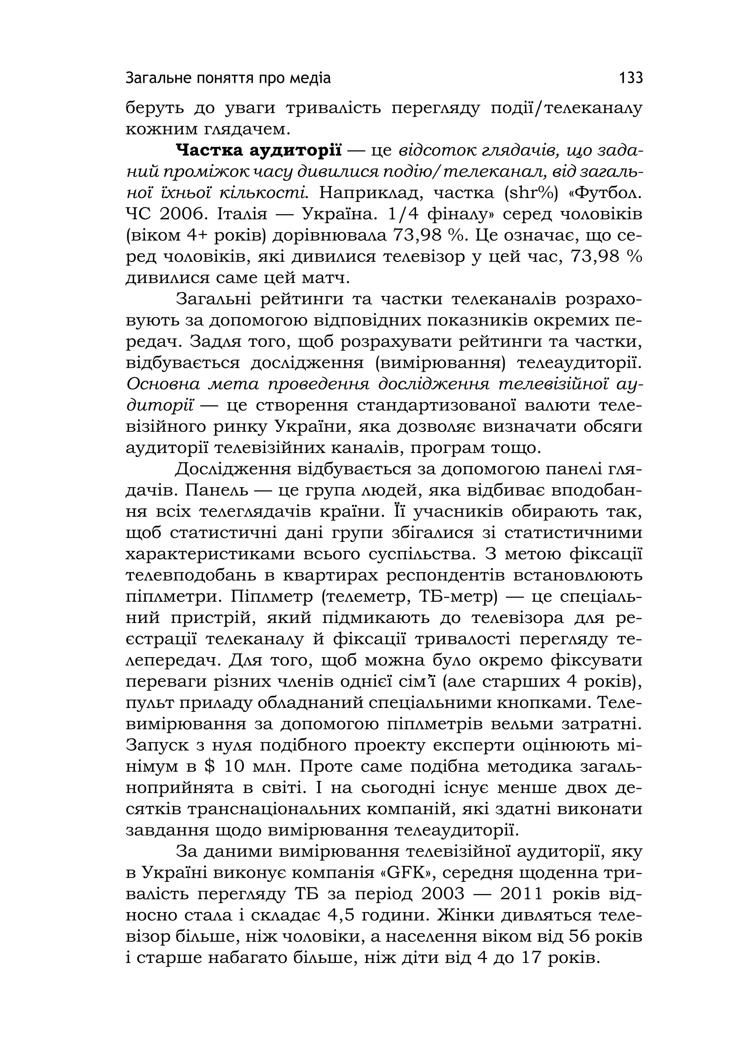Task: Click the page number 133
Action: pyautogui.click(x=631, y=78)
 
